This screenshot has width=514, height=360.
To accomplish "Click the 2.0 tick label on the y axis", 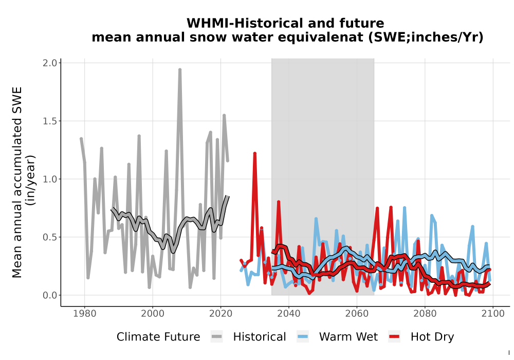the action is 50,63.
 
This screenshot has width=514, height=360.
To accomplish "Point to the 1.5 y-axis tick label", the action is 50,121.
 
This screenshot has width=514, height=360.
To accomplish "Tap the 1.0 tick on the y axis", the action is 50,179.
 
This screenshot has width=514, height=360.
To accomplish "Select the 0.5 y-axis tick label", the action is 50,237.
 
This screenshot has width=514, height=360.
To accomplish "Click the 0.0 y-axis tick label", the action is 50,295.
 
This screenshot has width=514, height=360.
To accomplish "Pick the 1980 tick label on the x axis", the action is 85,313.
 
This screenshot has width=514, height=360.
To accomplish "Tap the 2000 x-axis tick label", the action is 153,313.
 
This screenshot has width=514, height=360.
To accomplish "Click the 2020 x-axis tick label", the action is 221,313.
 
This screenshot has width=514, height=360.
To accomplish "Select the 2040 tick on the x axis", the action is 289,313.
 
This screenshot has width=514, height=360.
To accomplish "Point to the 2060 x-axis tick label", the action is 357,313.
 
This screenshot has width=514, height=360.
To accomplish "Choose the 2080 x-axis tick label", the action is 425,313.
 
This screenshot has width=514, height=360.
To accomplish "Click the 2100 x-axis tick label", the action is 493,313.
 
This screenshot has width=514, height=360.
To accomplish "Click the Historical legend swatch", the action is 217,337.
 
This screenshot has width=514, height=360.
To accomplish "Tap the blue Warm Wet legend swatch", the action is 303,337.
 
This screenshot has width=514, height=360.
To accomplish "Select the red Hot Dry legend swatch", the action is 394,337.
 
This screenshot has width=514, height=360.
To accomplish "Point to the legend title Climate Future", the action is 158,337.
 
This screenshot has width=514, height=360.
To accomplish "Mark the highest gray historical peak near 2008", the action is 179,70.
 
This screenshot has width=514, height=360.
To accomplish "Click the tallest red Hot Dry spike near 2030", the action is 255,153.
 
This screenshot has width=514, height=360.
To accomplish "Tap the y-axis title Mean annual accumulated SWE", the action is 17,182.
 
